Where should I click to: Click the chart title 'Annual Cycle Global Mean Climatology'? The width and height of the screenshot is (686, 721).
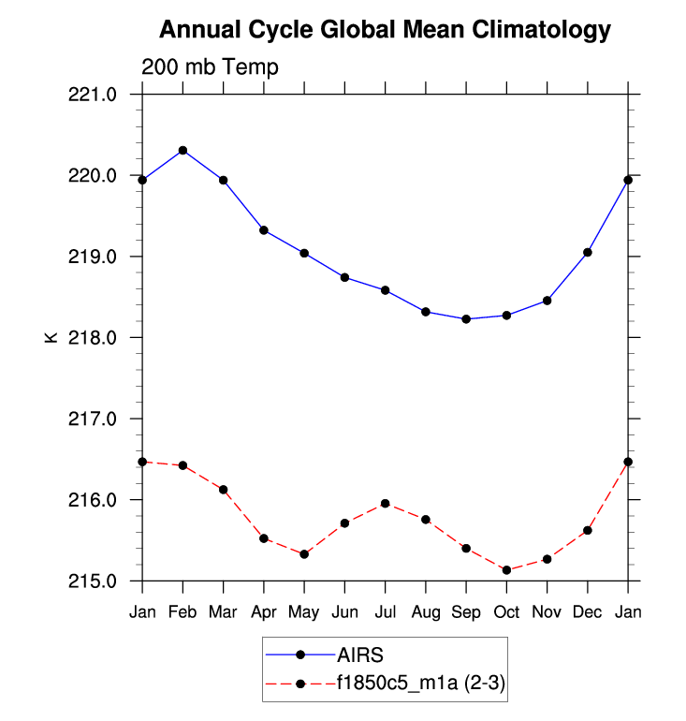coord(385,30)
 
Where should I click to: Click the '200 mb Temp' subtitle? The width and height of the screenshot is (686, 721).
coord(210,67)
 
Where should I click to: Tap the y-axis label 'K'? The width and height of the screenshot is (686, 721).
coord(51,337)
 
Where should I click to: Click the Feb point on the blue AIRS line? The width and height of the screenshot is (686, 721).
coord(182,150)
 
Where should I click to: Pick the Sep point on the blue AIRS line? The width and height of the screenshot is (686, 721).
coord(466,318)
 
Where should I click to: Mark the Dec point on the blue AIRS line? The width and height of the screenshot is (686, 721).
coord(588,252)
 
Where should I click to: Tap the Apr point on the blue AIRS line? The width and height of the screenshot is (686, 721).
coord(264,230)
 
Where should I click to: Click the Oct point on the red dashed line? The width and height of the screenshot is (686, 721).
coord(506,569)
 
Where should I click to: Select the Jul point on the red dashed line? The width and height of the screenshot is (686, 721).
coord(386,504)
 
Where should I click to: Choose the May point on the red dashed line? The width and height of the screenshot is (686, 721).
coord(304,554)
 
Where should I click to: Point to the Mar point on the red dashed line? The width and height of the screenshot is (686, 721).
coord(224,490)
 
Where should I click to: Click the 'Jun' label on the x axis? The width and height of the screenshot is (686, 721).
coord(344,611)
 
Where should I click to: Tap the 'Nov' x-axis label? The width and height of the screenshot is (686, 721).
coord(547,611)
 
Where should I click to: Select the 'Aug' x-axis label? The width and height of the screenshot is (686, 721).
coord(426,611)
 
